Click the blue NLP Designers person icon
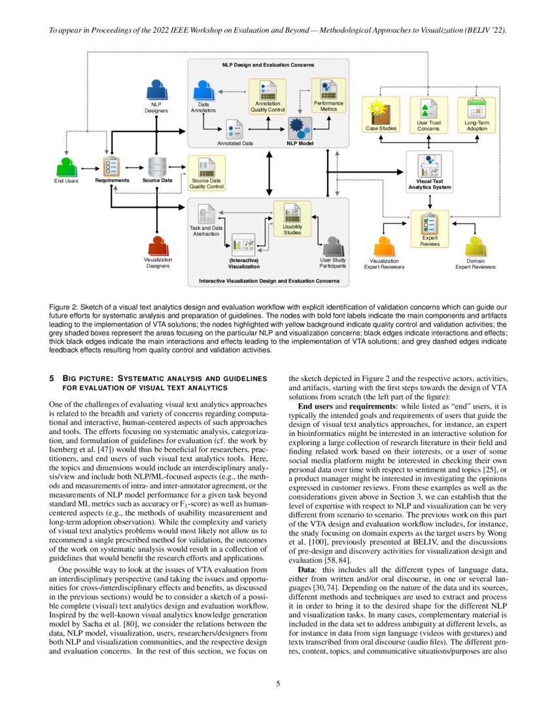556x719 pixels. pyautogui.click(x=156, y=89)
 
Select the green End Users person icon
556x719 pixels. pyautogui.click(x=65, y=166)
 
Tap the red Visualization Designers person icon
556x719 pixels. pyautogui.click(x=157, y=246)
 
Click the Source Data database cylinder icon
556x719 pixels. pyautogui.click(x=157, y=166)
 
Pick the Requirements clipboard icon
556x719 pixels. pyautogui.click(x=111, y=165)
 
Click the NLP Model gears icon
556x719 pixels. pyautogui.click(x=300, y=127)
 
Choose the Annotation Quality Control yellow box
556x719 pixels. pyautogui.click(x=268, y=97)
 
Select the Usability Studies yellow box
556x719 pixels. pyautogui.click(x=292, y=219)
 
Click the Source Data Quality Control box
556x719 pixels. pyautogui.click(x=207, y=173)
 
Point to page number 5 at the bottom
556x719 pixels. pyautogui.click(x=278, y=684)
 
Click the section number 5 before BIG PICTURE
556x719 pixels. pyautogui.click(x=52, y=378)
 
